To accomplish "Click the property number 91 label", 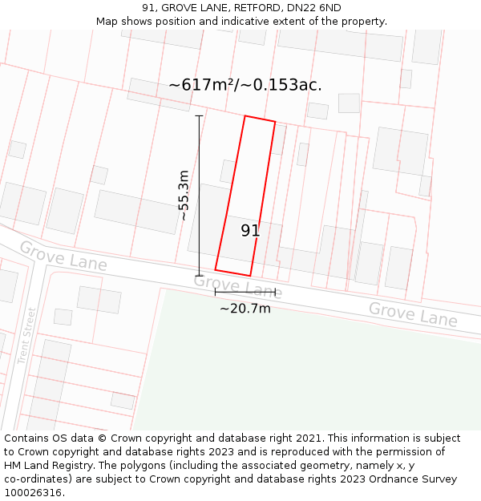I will pos(250,231).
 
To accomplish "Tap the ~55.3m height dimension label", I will pos(184,196).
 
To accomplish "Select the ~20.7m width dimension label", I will pos(245,309).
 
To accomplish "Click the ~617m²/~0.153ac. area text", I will pos(245,85).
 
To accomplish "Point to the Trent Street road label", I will pos(26,336).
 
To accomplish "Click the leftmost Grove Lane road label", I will pos(63,256).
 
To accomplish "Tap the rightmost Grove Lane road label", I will pos(413,314).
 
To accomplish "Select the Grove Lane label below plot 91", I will pos(237,285).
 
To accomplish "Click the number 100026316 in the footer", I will pos(31,492).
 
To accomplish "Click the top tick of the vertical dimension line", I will pos(199,116).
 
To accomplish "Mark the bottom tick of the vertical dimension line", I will pos(199,275).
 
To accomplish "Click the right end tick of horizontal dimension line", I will pos(275,292).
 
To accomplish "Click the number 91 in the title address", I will pos(148,8).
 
